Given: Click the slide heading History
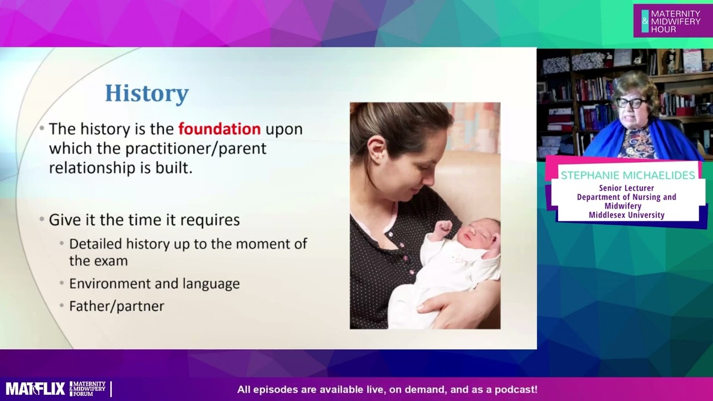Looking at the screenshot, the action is (146, 94).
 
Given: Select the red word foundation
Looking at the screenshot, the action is (219, 129).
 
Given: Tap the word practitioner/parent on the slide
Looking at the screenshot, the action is (196, 149).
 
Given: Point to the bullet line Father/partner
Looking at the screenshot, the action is (116, 306).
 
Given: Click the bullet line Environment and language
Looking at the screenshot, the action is (154, 283).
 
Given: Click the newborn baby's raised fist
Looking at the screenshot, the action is (443, 227).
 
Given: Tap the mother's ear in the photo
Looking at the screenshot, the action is (377, 150).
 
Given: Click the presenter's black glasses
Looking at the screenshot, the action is (632, 103).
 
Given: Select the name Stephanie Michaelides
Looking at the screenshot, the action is (628, 175).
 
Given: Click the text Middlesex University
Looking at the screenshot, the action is (627, 215).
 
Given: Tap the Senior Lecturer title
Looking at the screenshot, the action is (627, 188).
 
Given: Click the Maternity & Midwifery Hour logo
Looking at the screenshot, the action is (672, 21).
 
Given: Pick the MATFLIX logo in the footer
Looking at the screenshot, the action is (35, 389).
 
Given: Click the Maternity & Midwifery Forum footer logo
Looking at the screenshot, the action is (88, 389).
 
